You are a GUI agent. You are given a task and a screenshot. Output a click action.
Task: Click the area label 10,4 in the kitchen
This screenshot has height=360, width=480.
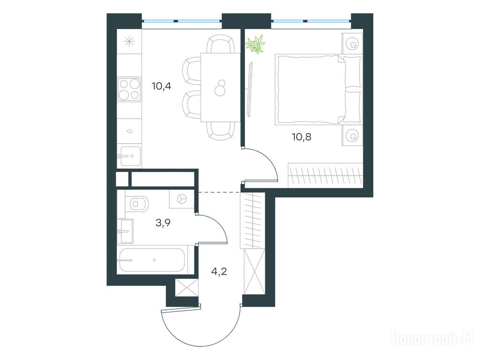161,86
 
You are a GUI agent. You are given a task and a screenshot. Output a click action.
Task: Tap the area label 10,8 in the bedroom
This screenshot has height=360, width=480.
302,136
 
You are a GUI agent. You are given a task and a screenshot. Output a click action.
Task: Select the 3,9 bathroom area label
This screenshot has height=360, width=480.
163,223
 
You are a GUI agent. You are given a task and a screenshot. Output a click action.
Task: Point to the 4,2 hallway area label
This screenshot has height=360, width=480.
219,271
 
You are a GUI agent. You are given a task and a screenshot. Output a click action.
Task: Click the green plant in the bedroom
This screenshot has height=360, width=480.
255,45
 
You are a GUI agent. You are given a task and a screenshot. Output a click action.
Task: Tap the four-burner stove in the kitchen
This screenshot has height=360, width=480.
129,89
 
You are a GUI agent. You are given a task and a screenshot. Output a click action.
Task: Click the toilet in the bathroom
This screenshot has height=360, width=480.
138,203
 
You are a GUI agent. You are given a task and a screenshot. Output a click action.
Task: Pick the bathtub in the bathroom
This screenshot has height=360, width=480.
151,260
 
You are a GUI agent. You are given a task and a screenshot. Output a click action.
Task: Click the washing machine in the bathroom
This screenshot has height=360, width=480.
182,199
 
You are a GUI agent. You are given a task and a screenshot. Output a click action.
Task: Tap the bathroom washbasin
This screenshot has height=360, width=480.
125,232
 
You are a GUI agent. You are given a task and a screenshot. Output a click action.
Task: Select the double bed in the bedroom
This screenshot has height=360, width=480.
318,90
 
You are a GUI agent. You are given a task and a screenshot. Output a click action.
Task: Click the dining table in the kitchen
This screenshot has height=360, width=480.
220,88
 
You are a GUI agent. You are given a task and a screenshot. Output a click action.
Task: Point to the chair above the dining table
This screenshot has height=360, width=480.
220,44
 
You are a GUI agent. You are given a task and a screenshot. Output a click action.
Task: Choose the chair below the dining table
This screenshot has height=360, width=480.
220,131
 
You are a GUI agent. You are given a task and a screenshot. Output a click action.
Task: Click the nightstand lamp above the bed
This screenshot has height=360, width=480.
352,44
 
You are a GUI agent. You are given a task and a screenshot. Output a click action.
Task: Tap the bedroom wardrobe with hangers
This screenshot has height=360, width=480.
325,175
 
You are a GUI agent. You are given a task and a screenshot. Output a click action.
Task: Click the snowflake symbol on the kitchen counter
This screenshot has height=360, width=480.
129,41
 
